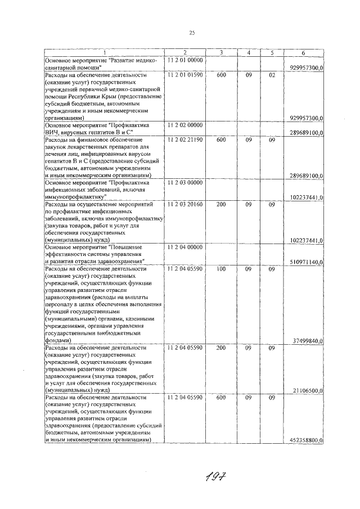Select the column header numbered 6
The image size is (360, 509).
[x=303, y=53]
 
